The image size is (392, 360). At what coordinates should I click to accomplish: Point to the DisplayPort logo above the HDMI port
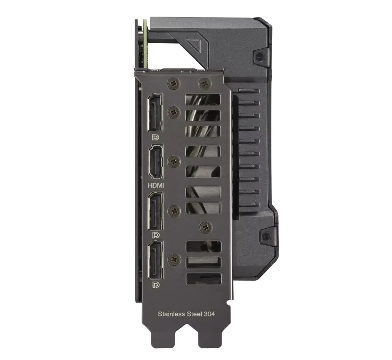(x=156, y=137)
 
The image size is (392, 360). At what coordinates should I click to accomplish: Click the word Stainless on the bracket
(x=171, y=314)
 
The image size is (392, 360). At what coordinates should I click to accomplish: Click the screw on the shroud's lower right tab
(x=265, y=237)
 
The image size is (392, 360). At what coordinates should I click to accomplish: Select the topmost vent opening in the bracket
(x=203, y=100)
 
